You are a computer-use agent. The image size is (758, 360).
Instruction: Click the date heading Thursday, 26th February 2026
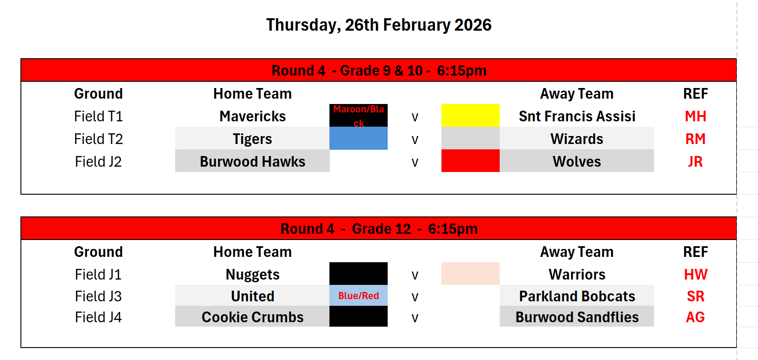tap(379, 25)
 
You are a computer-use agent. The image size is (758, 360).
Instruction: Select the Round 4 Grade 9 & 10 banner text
tap(379, 71)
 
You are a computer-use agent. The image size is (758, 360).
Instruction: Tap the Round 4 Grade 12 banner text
tap(379, 229)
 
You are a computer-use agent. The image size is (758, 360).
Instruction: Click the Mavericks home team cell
tap(253, 116)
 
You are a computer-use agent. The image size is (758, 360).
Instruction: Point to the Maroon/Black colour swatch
tap(358, 116)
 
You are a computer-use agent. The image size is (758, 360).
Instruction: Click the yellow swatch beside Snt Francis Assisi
tap(470, 116)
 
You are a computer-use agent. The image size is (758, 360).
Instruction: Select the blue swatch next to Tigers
tap(358, 138)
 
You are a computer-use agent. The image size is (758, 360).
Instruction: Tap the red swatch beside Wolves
tap(470, 161)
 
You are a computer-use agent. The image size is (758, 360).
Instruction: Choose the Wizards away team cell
tap(577, 139)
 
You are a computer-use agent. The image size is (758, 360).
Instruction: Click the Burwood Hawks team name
tap(253, 162)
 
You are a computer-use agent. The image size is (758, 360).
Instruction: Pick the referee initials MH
tap(695, 116)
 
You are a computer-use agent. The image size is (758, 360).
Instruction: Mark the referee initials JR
tap(695, 162)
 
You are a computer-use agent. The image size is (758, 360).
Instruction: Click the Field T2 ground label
tap(98, 139)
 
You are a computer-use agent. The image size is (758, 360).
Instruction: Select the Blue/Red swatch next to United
tap(358, 296)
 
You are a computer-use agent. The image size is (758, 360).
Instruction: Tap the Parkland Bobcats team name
tap(577, 296)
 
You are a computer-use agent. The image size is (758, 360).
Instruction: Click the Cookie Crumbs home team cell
tap(253, 316)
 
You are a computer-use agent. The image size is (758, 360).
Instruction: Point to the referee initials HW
tap(695, 274)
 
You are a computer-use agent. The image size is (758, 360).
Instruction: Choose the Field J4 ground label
tap(98, 317)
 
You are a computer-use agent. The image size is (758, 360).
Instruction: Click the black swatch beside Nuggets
tap(358, 273)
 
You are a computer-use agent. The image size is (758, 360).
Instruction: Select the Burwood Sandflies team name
tap(577, 317)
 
